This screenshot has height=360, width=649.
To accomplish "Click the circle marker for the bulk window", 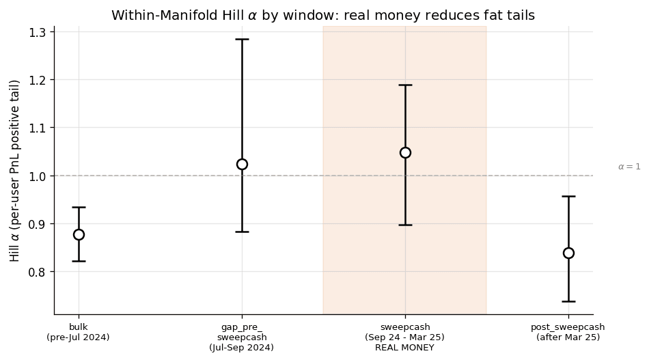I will coord(79,234).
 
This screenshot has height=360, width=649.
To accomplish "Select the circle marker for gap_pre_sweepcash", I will coord(242,164).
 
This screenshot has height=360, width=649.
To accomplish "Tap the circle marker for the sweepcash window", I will coord(405,152).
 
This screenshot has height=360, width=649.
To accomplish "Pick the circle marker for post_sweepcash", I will coord(568,253).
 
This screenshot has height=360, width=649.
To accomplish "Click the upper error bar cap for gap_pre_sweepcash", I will coord(242,39).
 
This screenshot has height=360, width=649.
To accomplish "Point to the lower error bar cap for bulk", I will coord(79,261).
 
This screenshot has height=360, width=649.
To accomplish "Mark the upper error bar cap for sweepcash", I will coord(405,85).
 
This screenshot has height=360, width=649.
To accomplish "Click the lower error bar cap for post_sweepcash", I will coord(568,301).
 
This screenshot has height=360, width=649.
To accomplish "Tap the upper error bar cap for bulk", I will coord(79,207).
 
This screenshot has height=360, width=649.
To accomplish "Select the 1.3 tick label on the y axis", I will coord(39,32).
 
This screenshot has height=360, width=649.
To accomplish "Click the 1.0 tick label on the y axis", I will coord(39,176).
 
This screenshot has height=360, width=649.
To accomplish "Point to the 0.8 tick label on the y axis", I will coord(39,272).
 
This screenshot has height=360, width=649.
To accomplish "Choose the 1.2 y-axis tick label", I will coord(39,80).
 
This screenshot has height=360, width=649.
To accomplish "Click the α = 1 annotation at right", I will coord(629,167).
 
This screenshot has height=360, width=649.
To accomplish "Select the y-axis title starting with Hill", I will coord(15,171).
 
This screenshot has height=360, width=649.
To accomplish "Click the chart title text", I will coord(323,15).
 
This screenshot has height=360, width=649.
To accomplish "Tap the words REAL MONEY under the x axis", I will coord(405,348).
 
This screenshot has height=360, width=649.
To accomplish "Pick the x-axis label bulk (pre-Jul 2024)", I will coord(79,332).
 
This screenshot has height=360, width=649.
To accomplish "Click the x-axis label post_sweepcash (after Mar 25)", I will coord(568,332).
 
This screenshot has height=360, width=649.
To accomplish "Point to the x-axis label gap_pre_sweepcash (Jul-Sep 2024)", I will coord(242,337).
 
